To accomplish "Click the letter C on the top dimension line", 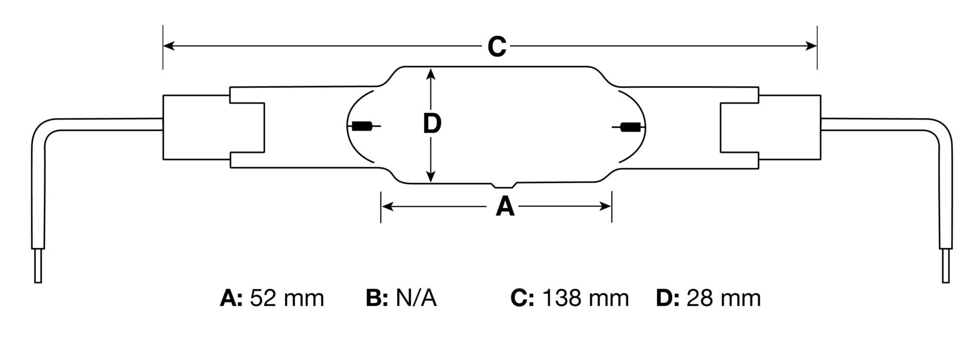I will tap(497, 46).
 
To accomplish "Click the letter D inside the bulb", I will tap(432, 124).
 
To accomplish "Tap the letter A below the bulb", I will tap(505, 207).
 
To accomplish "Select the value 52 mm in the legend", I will tap(287, 298).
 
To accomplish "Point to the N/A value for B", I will tap(416, 298).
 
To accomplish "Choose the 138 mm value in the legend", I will tap(585, 298).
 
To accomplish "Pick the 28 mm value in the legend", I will tap(724, 298).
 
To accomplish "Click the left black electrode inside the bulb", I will tap(362, 126).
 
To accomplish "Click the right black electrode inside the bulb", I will tap(631, 127).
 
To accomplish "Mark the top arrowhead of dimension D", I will tap(431, 74).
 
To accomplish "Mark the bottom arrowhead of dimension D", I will tap(431, 176).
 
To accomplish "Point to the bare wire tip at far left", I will tap(37, 266).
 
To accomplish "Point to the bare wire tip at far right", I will tap(945, 266).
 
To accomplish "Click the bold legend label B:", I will tap(377, 298).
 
